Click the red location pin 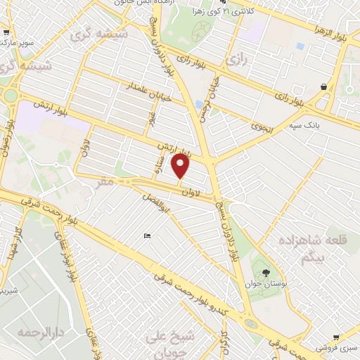click(x=181, y=167)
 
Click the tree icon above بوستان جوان click(x=266, y=273)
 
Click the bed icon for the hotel click(x=146, y=236)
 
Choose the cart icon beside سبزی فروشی click(x=337, y=337)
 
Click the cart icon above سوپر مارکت click(x=6, y=32)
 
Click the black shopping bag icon click(x=323, y=87)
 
